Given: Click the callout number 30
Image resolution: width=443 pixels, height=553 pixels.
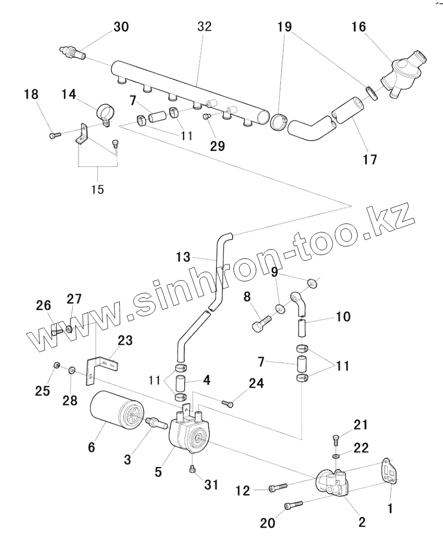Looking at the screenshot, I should tap(121, 27).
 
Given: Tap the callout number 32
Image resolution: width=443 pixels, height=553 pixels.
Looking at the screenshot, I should tap(204, 27).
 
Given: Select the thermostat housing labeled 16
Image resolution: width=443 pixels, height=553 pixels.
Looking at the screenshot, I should tap(402, 74).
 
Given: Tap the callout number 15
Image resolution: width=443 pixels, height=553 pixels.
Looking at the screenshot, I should tap(97, 189).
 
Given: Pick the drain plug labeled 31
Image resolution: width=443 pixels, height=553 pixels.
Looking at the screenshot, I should tap(192, 470).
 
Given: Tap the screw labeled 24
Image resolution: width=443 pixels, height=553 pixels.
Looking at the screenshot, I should tap(228, 404).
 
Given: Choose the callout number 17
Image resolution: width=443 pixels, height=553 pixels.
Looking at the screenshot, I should tap(369, 159).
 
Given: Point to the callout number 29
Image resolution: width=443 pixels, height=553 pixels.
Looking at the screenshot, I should tap(217, 146).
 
